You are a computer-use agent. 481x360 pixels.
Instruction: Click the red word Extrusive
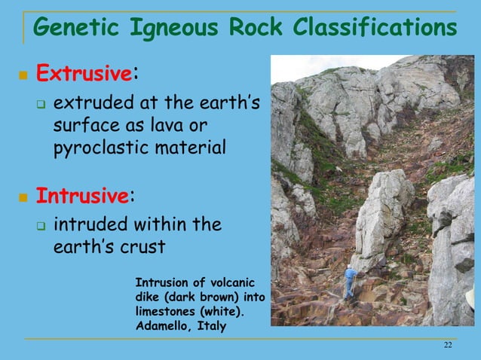84,75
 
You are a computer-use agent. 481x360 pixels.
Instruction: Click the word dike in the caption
148,297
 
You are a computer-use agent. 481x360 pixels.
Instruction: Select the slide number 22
448,345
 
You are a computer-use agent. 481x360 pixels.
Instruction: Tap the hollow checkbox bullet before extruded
42,102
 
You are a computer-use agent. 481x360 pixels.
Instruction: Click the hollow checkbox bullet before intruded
42,225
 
